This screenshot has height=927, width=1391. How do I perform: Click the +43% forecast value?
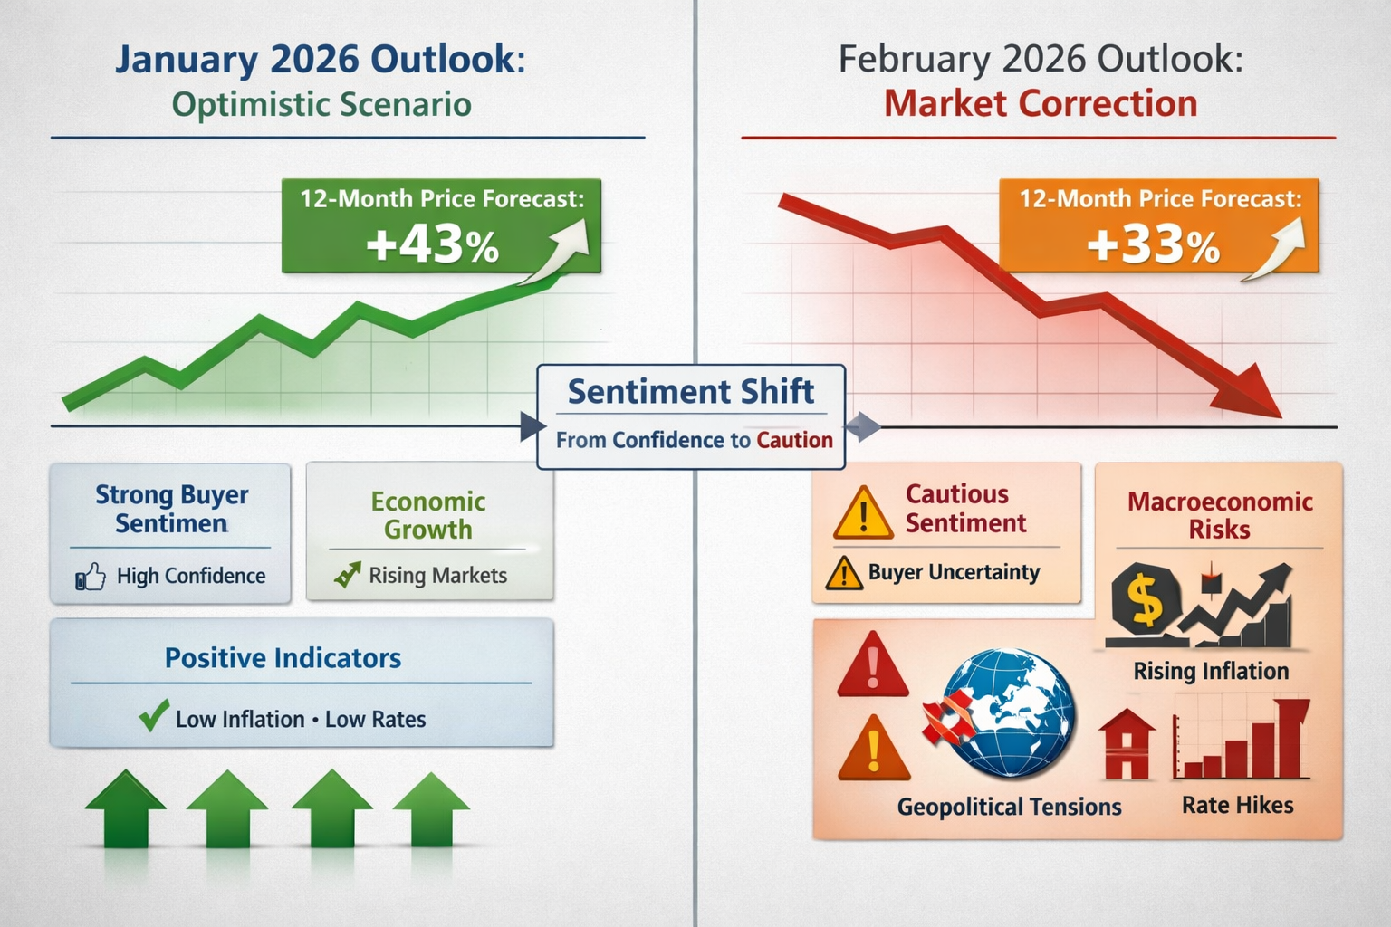tap(432, 244)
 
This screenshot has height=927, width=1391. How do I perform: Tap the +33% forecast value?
tap(1153, 244)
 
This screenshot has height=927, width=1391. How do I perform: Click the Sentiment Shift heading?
tap(690, 392)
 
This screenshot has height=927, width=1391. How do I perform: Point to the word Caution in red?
tap(794, 440)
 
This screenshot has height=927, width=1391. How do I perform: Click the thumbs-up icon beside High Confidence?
tap(91, 577)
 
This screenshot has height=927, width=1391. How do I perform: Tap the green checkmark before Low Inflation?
tap(154, 716)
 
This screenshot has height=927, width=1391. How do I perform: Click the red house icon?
tap(1127, 745)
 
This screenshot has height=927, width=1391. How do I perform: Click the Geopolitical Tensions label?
tap(1009, 807)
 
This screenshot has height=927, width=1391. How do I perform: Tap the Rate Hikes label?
tap(1237, 805)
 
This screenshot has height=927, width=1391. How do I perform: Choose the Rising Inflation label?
tap(1211, 671)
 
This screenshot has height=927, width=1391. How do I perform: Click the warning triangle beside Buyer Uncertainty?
tap(844, 573)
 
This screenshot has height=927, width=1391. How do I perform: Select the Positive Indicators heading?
tap(283, 658)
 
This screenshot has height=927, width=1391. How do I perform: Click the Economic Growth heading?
tap(427, 515)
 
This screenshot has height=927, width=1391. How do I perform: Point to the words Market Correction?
tap(1040, 103)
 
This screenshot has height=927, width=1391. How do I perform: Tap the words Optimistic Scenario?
tap(321, 104)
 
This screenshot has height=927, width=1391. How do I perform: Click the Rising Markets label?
tap(437, 576)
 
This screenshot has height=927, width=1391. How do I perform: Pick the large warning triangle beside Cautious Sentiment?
tap(863, 513)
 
